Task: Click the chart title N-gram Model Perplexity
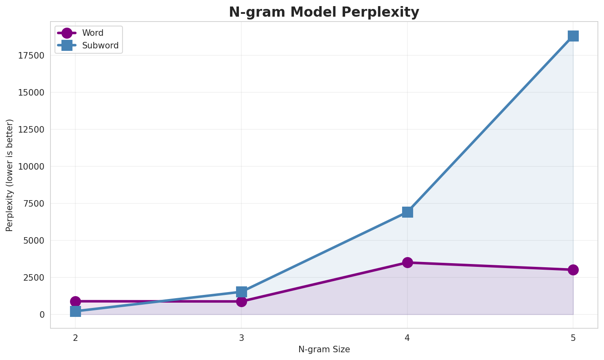(x=324, y=12)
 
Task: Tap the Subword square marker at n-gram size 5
(x=573, y=36)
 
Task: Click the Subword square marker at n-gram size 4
(x=407, y=212)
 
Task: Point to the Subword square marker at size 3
(x=241, y=292)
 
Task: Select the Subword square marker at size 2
(x=75, y=311)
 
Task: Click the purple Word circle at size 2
(x=75, y=301)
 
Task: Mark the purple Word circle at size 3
(x=241, y=301)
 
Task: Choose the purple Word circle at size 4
(x=407, y=262)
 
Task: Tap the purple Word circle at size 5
(x=573, y=270)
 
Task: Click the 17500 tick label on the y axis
(x=31, y=55)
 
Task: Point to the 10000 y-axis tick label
(x=31, y=166)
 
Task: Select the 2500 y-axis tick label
(x=34, y=277)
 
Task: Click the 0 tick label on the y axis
(x=42, y=314)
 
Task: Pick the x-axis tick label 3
(x=241, y=338)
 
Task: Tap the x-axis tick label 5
(x=573, y=338)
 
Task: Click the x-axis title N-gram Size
(x=324, y=349)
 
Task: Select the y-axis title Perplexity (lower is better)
(x=10, y=175)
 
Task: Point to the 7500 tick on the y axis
(x=34, y=203)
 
